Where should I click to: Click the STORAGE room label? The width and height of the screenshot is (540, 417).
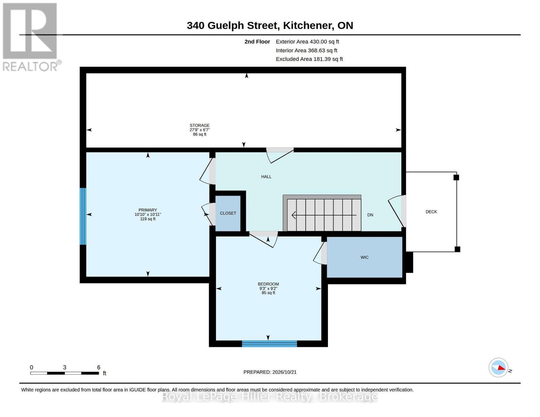200,125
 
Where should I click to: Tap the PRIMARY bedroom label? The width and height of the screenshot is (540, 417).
148,210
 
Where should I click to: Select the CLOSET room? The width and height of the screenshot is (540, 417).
228,213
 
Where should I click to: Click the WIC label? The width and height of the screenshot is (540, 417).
364,257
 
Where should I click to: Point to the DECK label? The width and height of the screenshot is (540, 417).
431,212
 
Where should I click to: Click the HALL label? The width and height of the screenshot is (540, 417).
266,177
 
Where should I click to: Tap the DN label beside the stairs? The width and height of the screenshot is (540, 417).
370,215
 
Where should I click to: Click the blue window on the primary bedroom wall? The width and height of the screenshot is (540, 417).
83,216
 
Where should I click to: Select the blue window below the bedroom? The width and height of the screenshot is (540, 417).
269,344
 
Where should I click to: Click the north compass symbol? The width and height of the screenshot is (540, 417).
498,368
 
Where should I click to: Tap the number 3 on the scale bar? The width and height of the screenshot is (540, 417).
65,367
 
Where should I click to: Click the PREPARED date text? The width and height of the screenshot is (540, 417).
270,372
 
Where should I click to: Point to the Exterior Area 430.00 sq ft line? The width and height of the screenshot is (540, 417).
307,42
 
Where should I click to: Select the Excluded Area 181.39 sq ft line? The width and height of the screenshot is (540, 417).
309,59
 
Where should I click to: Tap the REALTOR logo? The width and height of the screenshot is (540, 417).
31,37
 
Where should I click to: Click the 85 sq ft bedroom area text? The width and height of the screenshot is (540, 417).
268,293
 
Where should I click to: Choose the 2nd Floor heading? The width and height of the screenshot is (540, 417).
257,42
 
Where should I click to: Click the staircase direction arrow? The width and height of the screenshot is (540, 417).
324,215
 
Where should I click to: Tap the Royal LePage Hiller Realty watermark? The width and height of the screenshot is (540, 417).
270,396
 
